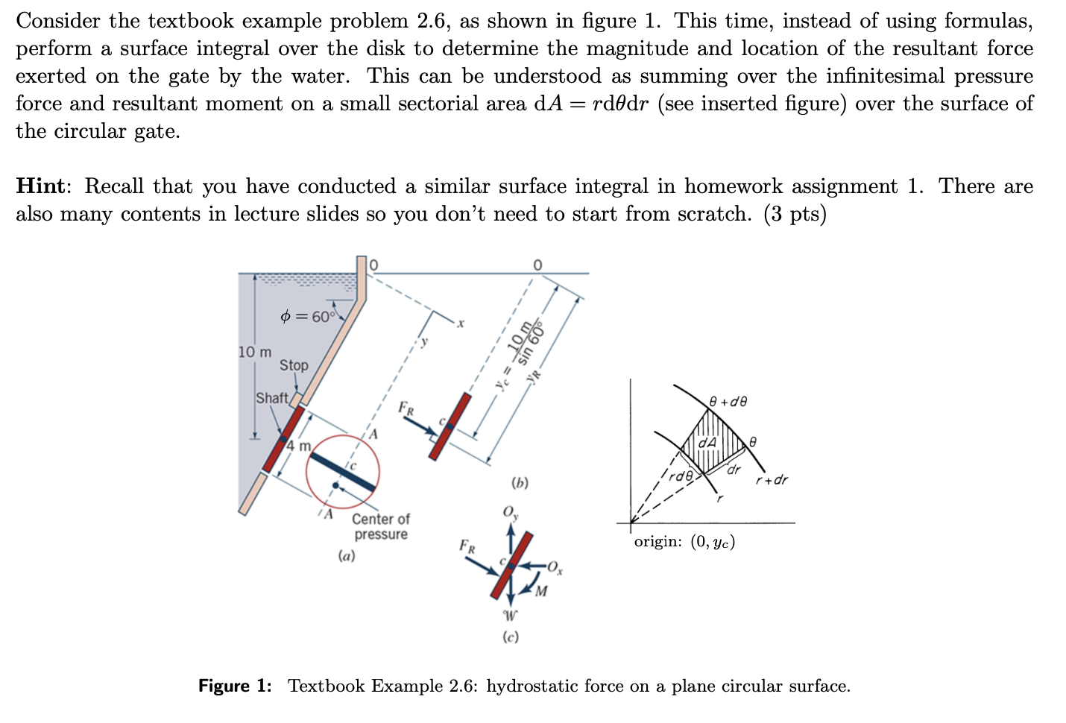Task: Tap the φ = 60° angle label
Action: tap(308, 316)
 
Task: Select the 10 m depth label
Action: tap(255, 351)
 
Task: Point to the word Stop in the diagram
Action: tap(294, 365)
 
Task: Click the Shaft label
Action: tap(271, 398)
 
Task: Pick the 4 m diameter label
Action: tap(300, 446)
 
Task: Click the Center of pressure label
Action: tap(380, 526)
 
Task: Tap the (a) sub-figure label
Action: tap(347, 555)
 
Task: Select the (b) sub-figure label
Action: tap(520, 483)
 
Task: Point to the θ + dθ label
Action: tap(728, 402)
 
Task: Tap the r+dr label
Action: tap(772, 479)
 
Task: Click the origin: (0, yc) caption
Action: tap(684, 542)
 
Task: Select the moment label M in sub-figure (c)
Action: tap(540, 592)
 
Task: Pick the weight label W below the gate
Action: tap(510, 616)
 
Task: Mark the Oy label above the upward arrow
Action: tap(511, 513)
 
